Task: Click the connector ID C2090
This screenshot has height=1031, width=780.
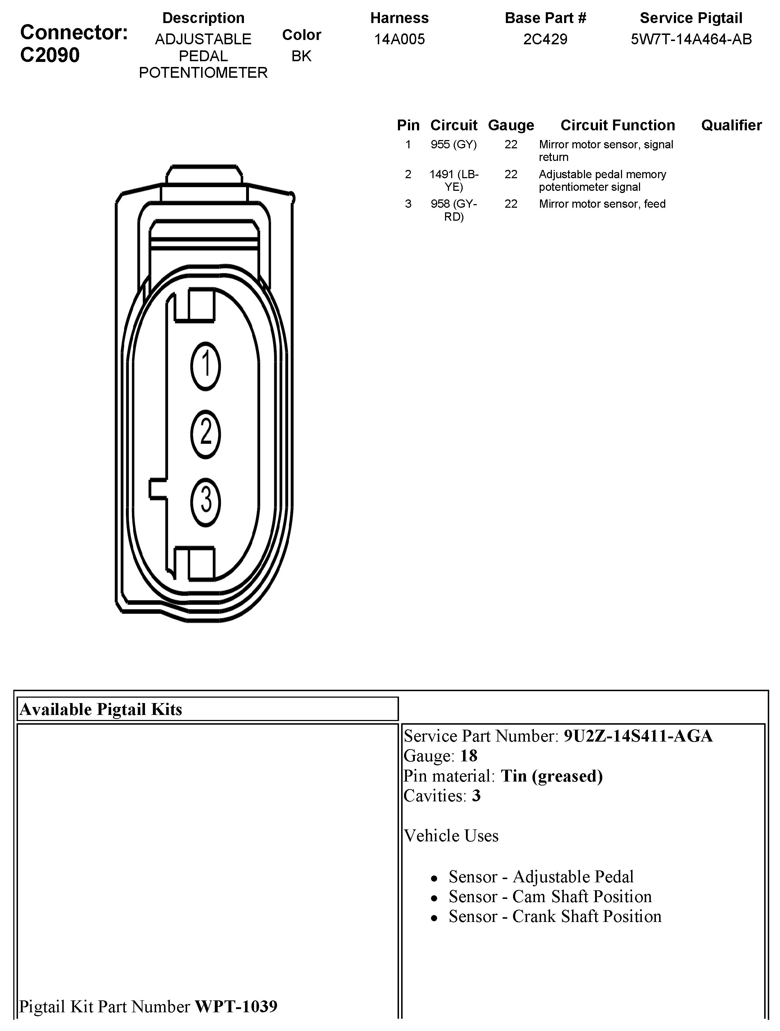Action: pyautogui.click(x=50, y=55)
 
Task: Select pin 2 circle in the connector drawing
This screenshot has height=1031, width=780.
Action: pyautogui.click(x=205, y=434)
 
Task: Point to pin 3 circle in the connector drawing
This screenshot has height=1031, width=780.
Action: pyautogui.click(x=205, y=501)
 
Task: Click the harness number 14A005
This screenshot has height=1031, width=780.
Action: pyautogui.click(x=399, y=39)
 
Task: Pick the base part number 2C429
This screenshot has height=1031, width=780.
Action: pyautogui.click(x=545, y=39)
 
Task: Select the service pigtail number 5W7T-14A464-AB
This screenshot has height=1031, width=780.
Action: pyautogui.click(x=691, y=39)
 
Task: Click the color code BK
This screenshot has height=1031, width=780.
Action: pyautogui.click(x=301, y=56)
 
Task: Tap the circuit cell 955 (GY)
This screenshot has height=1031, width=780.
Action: pyautogui.click(x=453, y=144)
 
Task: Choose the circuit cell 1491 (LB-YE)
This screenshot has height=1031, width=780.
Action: pyautogui.click(x=453, y=180)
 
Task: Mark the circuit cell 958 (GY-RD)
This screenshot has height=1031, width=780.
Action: pyautogui.click(x=453, y=210)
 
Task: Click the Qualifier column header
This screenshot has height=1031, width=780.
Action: pyautogui.click(x=731, y=125)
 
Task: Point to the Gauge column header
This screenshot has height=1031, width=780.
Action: pyautogui.click(x=511, y=125)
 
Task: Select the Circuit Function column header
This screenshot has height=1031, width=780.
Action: pyautogui.click(x=617, y=125)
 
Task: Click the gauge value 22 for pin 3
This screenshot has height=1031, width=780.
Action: pyautogui.click(x=511, y=204)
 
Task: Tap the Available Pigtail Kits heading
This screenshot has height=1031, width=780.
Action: pyautogui.click(x=101, y=710)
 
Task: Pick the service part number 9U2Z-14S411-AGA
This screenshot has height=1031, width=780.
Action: pyautogui.click(x=638, y=736)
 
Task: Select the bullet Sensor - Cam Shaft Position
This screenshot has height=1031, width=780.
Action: pyautogui.click(x=550, y=897)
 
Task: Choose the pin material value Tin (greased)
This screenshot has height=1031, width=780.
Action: pyautogui.click(x=552, y=776)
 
